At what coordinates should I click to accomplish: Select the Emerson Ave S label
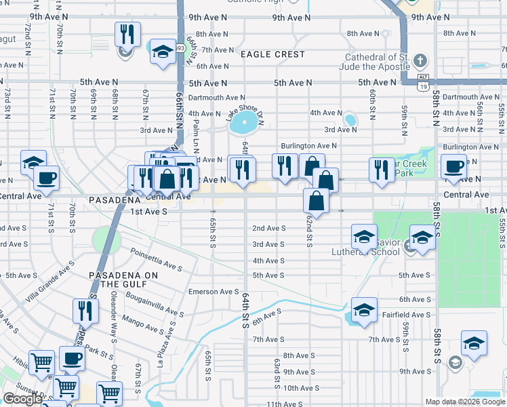214,292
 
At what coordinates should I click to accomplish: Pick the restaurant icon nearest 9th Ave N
127,35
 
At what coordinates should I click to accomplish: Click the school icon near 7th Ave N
163,52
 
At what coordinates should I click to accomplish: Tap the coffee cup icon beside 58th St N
454,166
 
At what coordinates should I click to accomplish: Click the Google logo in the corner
22,399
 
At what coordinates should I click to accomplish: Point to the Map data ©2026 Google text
464,402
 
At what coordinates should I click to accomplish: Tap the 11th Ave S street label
284,404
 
